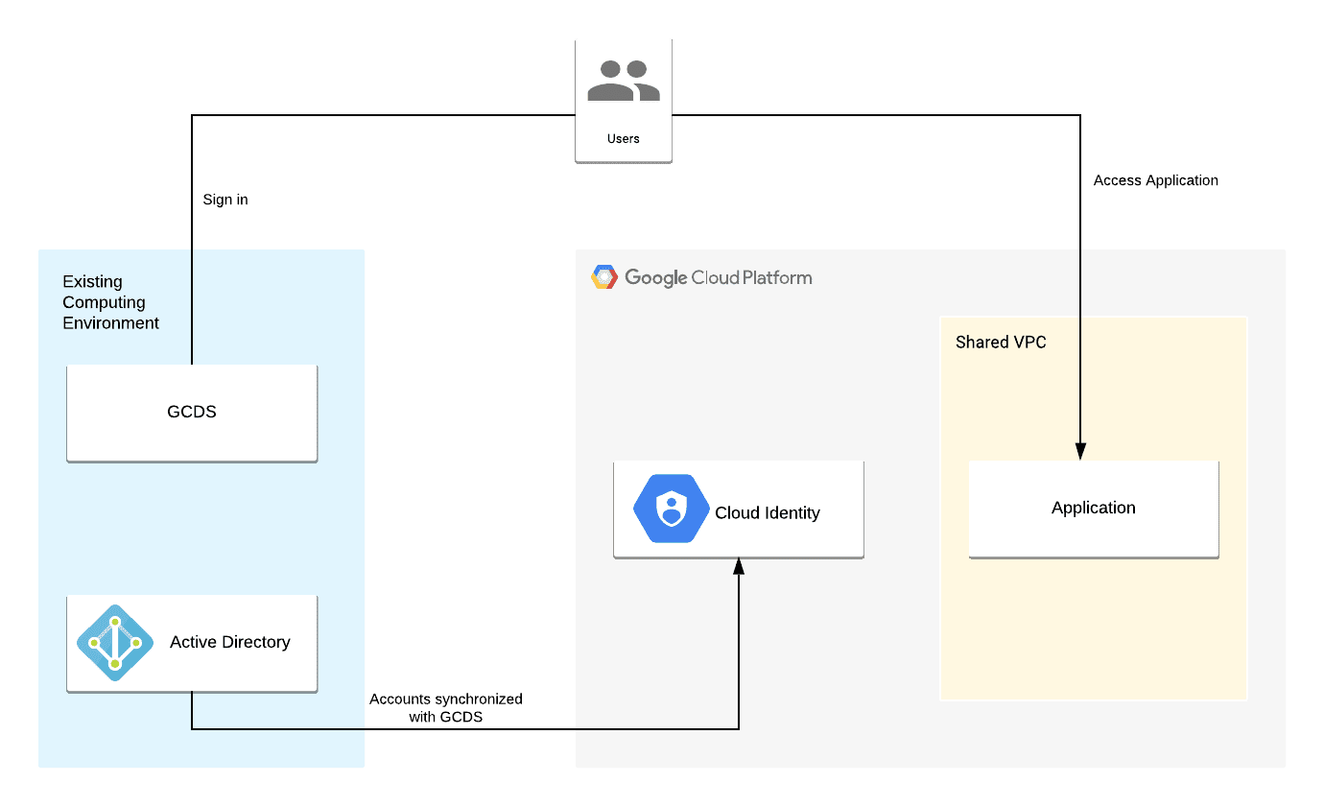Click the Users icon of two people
click(624, 81)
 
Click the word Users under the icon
click(624, 138)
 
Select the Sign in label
click(225, 200)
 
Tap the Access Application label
click(1156, 180)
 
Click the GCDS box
click(192, 413)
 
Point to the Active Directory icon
click(115, 642)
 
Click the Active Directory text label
click(230, 642)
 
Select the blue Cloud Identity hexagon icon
click(672, 510)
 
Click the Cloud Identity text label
click(768, 512)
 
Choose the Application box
click(1094, 509)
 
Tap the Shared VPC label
click(1001, 343)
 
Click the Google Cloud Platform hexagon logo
click(604, 277)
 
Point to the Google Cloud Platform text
click(719, 277)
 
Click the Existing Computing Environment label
click(111, 302)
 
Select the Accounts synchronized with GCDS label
click(446, 707)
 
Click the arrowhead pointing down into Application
click(1080, 451)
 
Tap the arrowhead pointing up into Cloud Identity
click(739, 567)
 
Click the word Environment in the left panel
click(111, 323)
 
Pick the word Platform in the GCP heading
click(776, 277)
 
